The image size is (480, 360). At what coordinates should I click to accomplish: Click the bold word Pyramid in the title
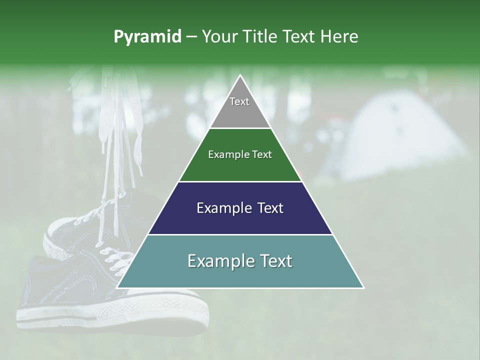point(147,36)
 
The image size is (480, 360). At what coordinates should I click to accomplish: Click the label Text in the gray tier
point(239,101)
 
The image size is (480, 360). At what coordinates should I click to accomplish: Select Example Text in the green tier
point(240,154)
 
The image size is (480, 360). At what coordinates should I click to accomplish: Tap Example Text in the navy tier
point(240,208)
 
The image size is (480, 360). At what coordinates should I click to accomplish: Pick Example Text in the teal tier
point(240,261)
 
